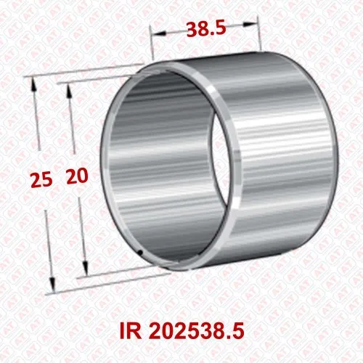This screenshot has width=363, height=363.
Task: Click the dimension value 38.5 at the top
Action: [206, 29]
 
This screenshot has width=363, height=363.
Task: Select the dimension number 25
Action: [41, 179]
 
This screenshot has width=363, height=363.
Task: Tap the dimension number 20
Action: [77, 176]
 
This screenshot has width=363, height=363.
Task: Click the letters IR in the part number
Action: [131, 331]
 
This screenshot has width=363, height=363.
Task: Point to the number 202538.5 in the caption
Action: [196, 331]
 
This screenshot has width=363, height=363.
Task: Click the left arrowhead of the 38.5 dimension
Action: [159, 33]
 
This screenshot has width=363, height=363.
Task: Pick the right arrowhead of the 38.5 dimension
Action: [250, 24]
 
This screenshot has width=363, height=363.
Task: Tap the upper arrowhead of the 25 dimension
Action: [33, 85]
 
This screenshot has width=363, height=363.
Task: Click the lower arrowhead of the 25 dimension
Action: [52, 285]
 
